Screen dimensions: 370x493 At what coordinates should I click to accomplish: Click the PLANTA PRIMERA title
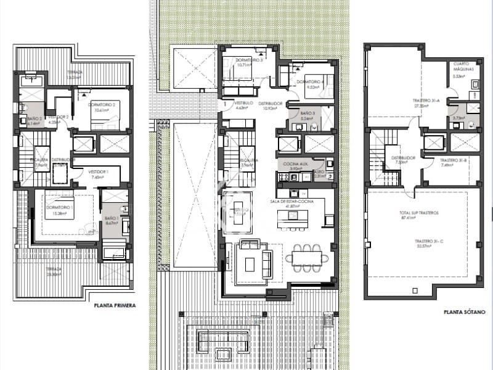coord(115,305)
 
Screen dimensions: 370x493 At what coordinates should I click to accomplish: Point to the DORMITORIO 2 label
coord(104,105)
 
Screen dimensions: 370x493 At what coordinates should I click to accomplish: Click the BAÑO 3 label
coord(308,114)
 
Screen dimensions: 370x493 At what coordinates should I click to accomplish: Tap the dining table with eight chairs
coord(307,255)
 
